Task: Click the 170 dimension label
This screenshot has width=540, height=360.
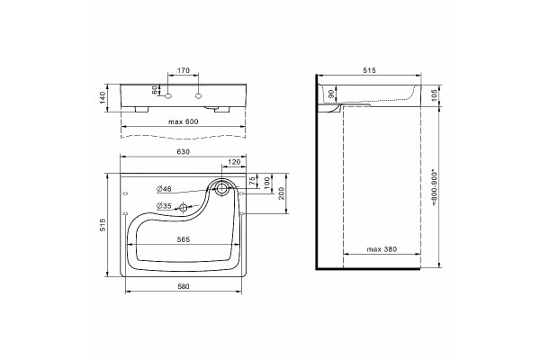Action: (x=184, y=70)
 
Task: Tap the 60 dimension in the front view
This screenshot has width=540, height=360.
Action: (x=155, y=90)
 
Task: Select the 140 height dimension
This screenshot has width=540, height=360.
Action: (x=102, y=98)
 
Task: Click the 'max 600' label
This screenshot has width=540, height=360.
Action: (x=184, y=121)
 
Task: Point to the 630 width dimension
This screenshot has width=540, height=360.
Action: (x=184, y=152)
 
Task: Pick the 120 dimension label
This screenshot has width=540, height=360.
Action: (x=234, y=162)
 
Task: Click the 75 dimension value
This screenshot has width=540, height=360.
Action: (x=252, y=181)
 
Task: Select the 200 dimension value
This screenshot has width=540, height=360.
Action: (x=281, y=193)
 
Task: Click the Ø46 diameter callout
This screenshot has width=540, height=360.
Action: (x=164, y=189)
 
